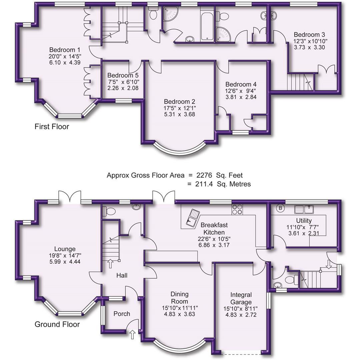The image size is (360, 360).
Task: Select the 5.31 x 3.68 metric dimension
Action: (179, 114)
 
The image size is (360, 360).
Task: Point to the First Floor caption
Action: (52, 127)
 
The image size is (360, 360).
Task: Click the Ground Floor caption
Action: (57, 324)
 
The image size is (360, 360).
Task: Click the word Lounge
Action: (65, 249)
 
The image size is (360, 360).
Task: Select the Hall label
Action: (122, 276)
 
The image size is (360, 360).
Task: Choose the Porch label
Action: (122, 314)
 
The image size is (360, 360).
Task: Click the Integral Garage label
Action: (241, 299)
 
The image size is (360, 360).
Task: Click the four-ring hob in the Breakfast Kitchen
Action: (237, 209)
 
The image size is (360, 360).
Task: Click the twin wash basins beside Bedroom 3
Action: (269, 15)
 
